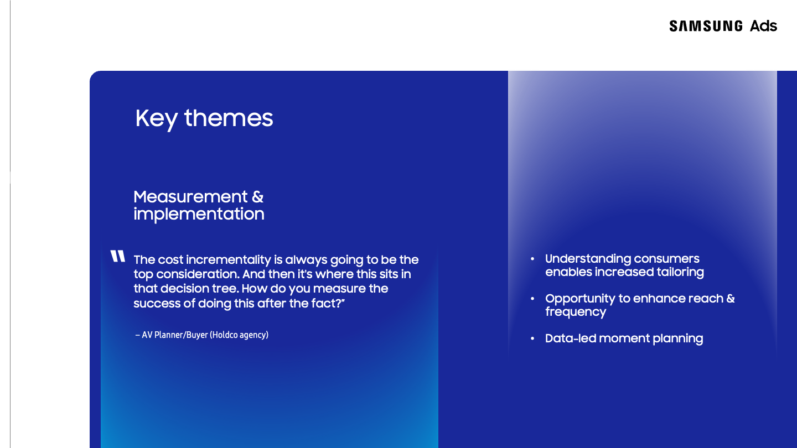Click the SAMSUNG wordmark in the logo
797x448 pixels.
click(x=706, y=26)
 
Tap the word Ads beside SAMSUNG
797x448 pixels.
click(x=763, y=26)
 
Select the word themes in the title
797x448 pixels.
click(x=229, y=118)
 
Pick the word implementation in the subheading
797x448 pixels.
click(x=199, y=214)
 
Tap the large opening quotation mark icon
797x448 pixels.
click(x=118, y=256)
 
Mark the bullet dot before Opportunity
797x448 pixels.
click(x=532, y=299)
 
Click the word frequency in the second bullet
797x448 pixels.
click(x=576, y=312)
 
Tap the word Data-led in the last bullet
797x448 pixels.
click(x=569, y=338)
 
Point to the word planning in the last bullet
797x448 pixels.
click(x=678, y=339)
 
